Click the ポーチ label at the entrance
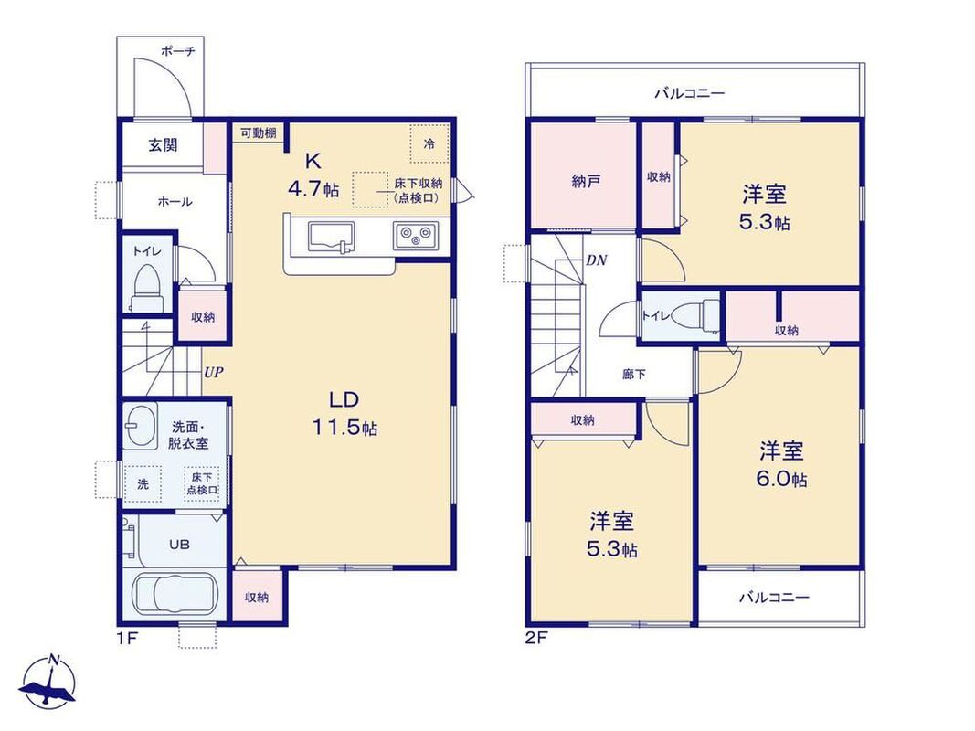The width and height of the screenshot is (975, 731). (x=178, y=51)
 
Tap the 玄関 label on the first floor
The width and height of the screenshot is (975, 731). (x=163, y=145)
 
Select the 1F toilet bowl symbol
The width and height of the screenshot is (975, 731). (x=147, y=288)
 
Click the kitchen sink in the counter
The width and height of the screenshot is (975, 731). (x=331, y=238)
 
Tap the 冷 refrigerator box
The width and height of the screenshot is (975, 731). (x=429, y=143)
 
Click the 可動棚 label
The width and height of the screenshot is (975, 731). (x=258, y=132)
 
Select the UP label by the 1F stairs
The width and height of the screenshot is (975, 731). (x=214, y=372)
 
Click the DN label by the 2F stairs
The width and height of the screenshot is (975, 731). (x=597, y=260)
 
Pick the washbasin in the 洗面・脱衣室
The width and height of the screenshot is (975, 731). (x=140, y=427)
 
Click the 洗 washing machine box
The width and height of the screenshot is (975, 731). (x=143, y=483)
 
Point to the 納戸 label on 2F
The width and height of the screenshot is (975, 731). (x=585, y=182)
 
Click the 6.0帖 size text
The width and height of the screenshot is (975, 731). (x=782, y=479)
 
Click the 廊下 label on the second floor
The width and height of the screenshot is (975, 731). (x=633, y=375)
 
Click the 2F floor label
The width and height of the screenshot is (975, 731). (x=536, y=639)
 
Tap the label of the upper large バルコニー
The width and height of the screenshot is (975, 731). (x=690, y=94)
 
